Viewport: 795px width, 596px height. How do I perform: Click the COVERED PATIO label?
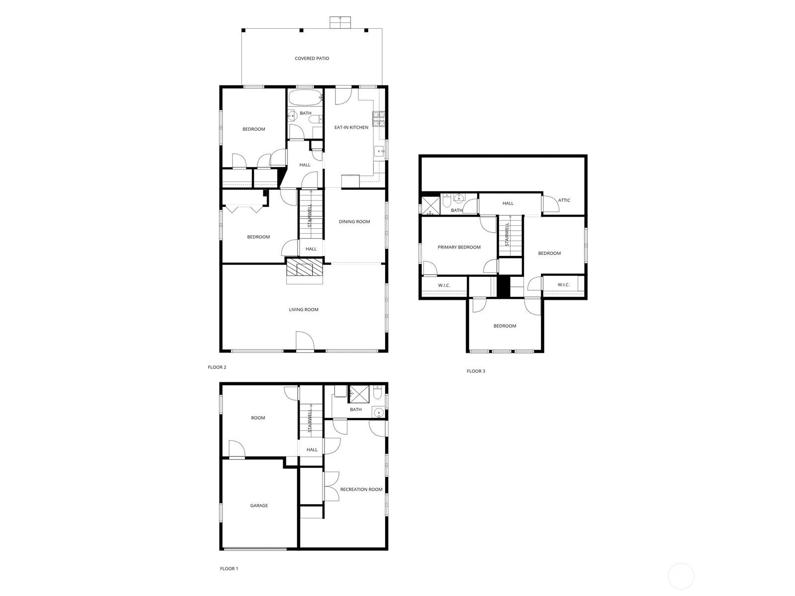tap(312, 58)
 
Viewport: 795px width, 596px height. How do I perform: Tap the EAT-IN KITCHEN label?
tap(351, 128)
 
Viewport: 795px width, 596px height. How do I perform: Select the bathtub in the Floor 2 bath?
tap(305, 97)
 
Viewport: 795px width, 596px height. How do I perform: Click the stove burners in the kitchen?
tap(378, 119)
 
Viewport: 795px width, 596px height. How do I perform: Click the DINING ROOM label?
tap(354, 222)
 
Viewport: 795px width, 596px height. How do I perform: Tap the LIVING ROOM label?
tap(304, 310)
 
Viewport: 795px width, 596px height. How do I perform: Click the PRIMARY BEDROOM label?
tap(459, 248)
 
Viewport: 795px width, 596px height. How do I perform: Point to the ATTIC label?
tap(564, 200)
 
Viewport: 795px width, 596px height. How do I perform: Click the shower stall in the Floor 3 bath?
tap(430, 205)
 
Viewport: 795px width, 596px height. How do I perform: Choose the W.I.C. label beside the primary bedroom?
tap(444, 285)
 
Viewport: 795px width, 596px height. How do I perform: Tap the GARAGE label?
tap(259, 506)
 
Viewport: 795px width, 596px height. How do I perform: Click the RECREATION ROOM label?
tap(361, 490)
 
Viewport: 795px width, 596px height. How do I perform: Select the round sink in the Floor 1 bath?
tap(379, 413)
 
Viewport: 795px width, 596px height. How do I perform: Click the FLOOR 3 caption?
tap(476, 371)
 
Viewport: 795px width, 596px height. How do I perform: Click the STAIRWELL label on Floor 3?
tap(507, 234)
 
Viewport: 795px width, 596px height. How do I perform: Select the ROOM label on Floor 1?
tap(258, 418)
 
